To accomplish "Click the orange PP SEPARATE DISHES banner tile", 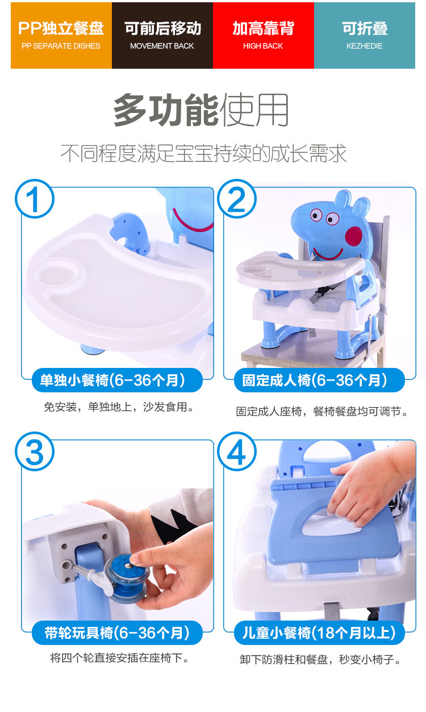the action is coord(61,35).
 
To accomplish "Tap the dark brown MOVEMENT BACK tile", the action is coord(162,35).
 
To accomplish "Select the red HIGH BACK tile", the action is coord(264,35).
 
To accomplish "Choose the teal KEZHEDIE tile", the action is coord(365,35).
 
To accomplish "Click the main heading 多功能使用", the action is coord(201,110).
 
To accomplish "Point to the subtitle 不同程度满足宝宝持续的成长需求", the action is coord(203,153).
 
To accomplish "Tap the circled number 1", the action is coord(35,199).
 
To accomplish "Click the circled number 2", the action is coord(237,199).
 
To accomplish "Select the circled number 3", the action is coord(35,451).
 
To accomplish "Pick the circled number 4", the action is coord(237,451).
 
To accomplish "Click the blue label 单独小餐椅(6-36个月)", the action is coord(118,380).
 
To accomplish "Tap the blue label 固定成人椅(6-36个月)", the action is coord(319,380).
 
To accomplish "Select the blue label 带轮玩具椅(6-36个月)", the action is coord(118,633).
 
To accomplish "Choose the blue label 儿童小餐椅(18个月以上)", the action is coord(319,633).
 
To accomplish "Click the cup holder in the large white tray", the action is coord(59,274).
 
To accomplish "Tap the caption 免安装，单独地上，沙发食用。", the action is coord(119,407).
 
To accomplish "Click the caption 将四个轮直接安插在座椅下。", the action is coord(119,657).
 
